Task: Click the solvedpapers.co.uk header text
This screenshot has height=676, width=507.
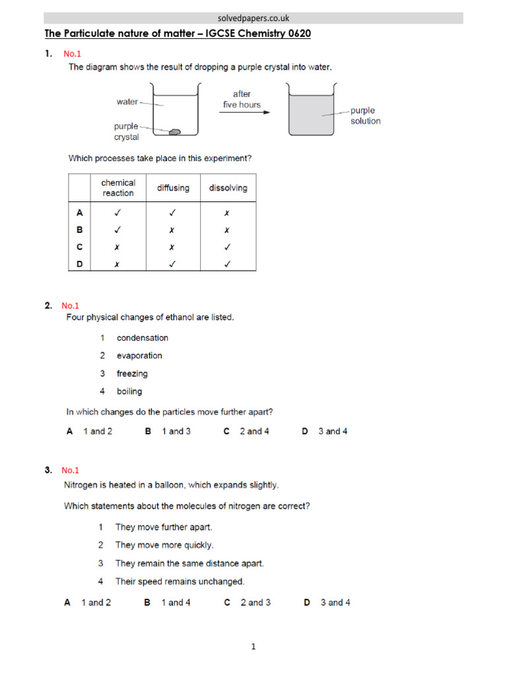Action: point(253,18)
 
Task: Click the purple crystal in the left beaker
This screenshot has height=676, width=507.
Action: point(175,132)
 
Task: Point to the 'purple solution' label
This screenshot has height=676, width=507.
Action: point(365,116)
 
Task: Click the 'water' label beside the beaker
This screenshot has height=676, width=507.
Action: point(127,102)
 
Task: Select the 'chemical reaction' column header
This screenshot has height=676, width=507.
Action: point(118,187)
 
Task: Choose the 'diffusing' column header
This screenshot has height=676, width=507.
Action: point(173,188)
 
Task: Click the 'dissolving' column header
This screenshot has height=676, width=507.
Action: point(228,188)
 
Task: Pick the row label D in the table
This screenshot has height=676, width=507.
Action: point(79,264)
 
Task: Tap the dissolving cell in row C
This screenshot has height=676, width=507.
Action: point(228,247)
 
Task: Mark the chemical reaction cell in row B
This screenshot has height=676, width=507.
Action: point(118,230)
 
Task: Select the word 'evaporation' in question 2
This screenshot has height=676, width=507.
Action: point(139,356)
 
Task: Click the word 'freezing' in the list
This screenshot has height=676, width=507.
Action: point(132,374)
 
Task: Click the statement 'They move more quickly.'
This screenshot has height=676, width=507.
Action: point(164,545)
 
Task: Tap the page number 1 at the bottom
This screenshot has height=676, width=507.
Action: point(253,647)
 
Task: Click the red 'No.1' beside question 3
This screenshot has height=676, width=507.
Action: point(70,471)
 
